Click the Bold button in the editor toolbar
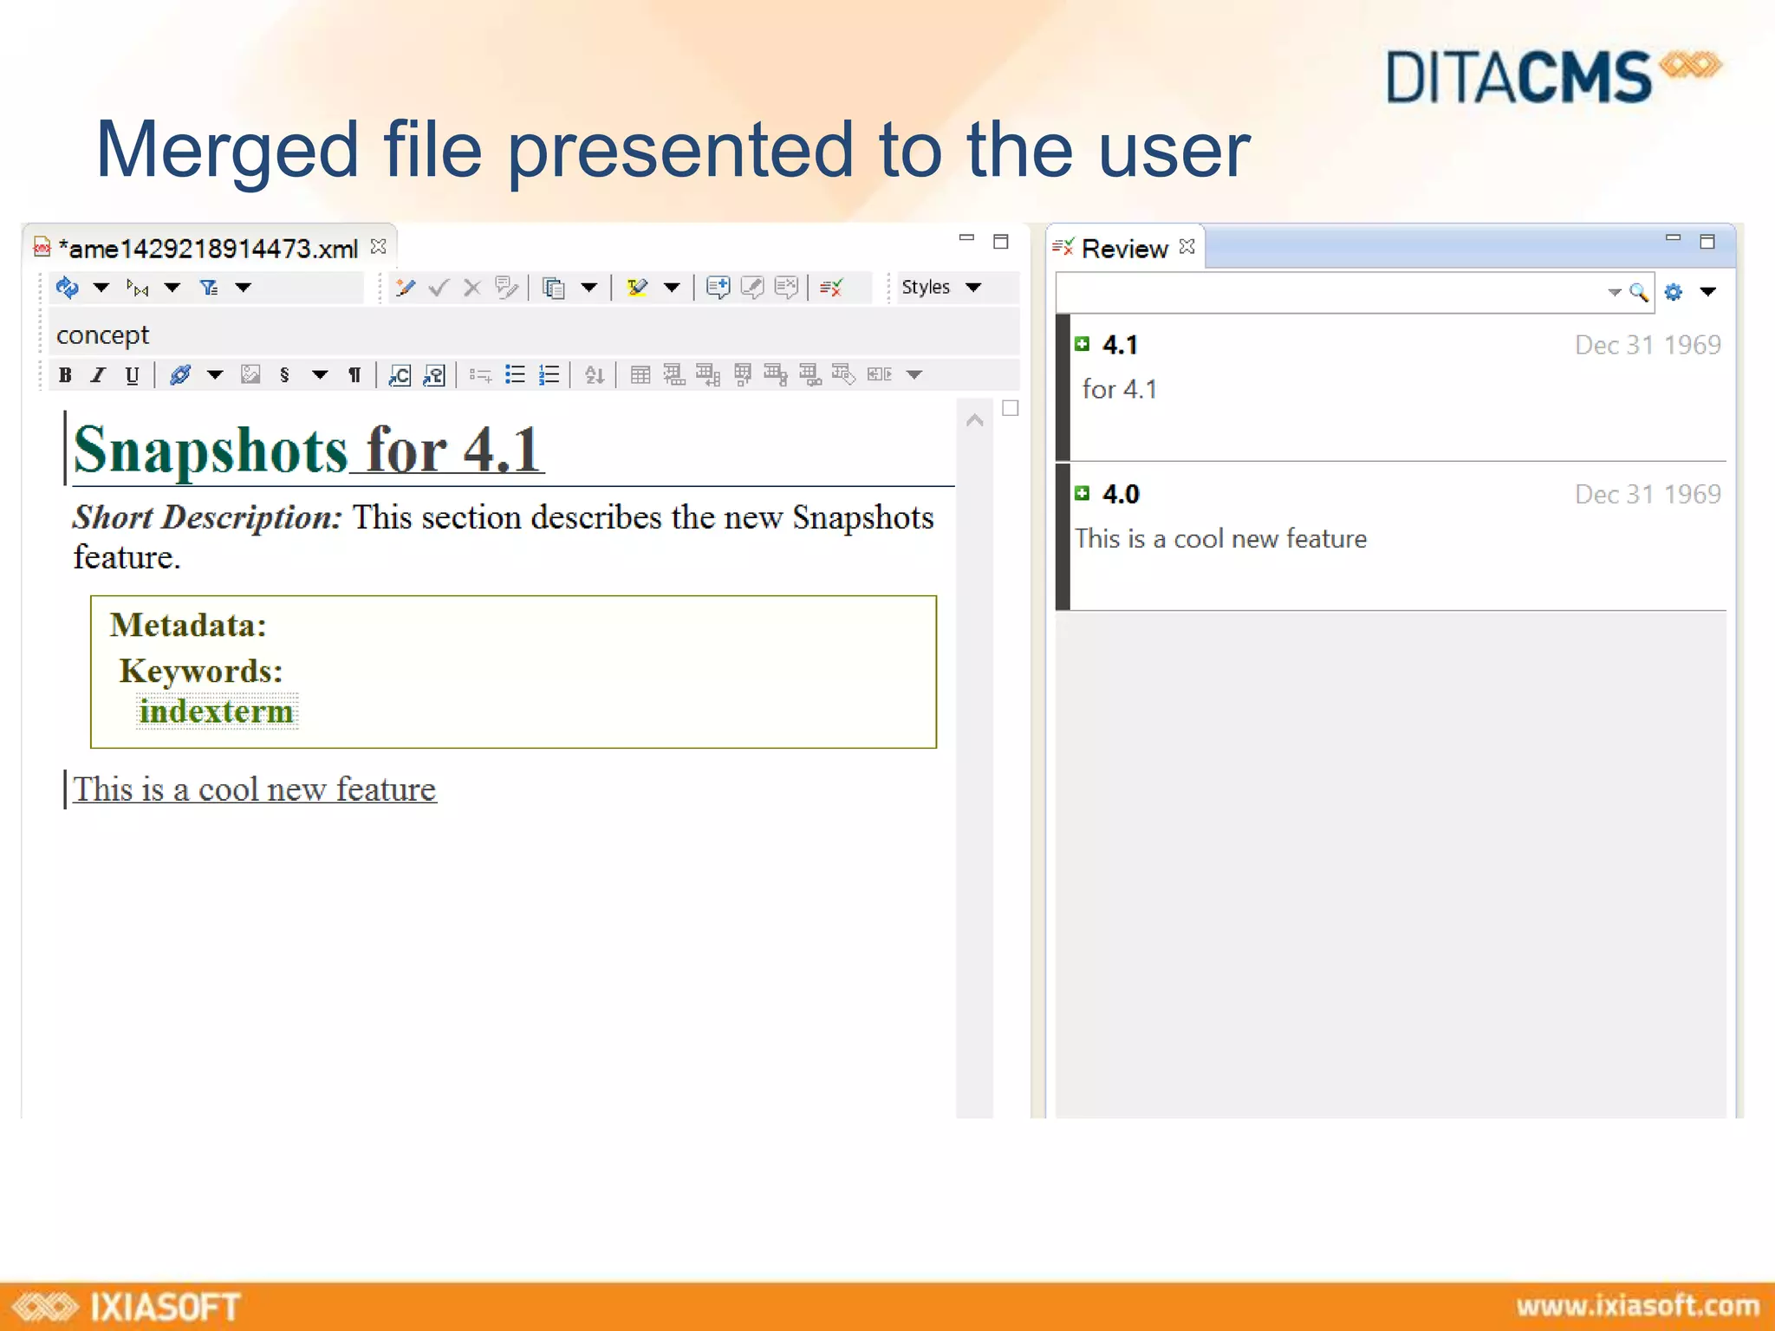pos(65,375)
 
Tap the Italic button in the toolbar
pos(98,375)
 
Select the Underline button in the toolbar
pos(132,375)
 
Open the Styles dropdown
pos(941,287)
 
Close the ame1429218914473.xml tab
pos(379,247)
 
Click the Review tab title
pos(1124,249)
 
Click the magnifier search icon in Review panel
pos(1638,292)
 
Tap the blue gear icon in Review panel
pos(1674,292)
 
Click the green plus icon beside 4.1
pos(1082,344)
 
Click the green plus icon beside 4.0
pos(1082,493)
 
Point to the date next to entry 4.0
pos(1647,494)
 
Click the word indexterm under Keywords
pos(217,711)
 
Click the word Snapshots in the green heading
pos(211,451)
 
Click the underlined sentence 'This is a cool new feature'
pos(255,789)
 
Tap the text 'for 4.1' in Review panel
pos(1119,389)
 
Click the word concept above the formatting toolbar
pos(102,334)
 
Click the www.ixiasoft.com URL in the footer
pos(1637,1306)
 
